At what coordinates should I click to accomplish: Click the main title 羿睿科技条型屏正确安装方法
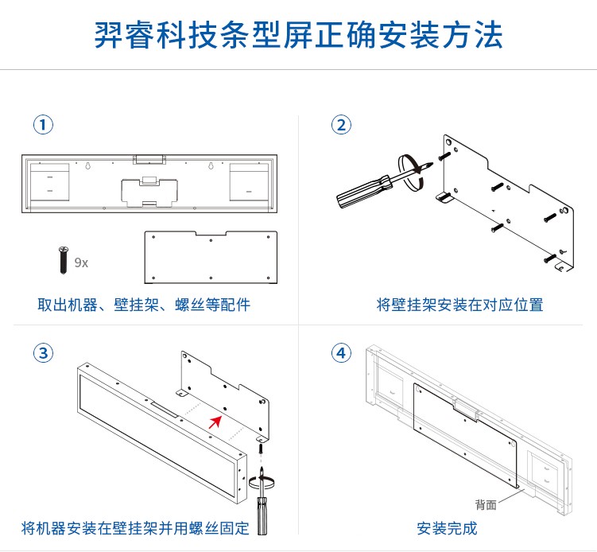pos(298,36)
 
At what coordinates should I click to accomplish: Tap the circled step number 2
pos(341,125)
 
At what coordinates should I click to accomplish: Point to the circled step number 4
pos(341,352)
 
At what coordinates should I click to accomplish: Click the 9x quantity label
pos(81,262)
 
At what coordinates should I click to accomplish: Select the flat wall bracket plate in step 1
pos(210,257)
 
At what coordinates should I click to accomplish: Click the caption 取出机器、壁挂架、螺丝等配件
pos(144,305)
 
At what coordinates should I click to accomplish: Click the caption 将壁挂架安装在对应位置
pos(459,305)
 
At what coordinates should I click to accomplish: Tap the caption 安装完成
pos(447,528)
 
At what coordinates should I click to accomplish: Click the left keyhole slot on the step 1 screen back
pos(85,168)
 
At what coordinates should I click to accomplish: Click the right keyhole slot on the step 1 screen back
pos(210,168)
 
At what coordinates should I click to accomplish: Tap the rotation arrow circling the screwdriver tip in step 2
pos(411,172)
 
